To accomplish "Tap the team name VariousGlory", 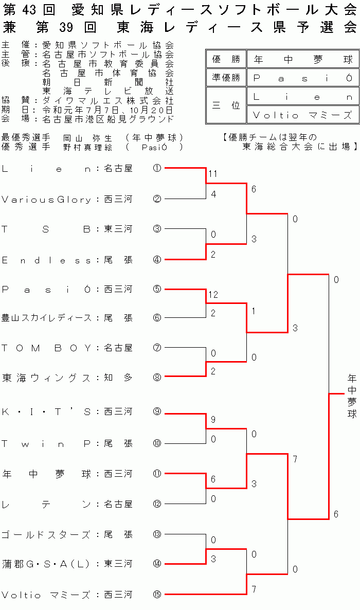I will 47,199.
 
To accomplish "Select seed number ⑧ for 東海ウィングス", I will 157,377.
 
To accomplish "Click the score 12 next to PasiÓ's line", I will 213,295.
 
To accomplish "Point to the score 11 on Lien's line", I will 213,174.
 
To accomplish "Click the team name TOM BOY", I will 47,348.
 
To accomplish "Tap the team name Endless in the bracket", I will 47,260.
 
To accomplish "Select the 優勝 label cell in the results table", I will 226,60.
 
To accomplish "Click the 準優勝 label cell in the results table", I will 226,78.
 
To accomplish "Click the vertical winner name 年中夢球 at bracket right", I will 352,396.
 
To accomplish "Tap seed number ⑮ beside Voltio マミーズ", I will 157,594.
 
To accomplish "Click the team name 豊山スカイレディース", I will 47,318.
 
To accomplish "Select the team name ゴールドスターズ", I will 47,534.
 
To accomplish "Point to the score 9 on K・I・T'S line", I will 213,420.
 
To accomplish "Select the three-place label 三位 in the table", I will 226,105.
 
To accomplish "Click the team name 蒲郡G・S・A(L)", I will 47,564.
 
